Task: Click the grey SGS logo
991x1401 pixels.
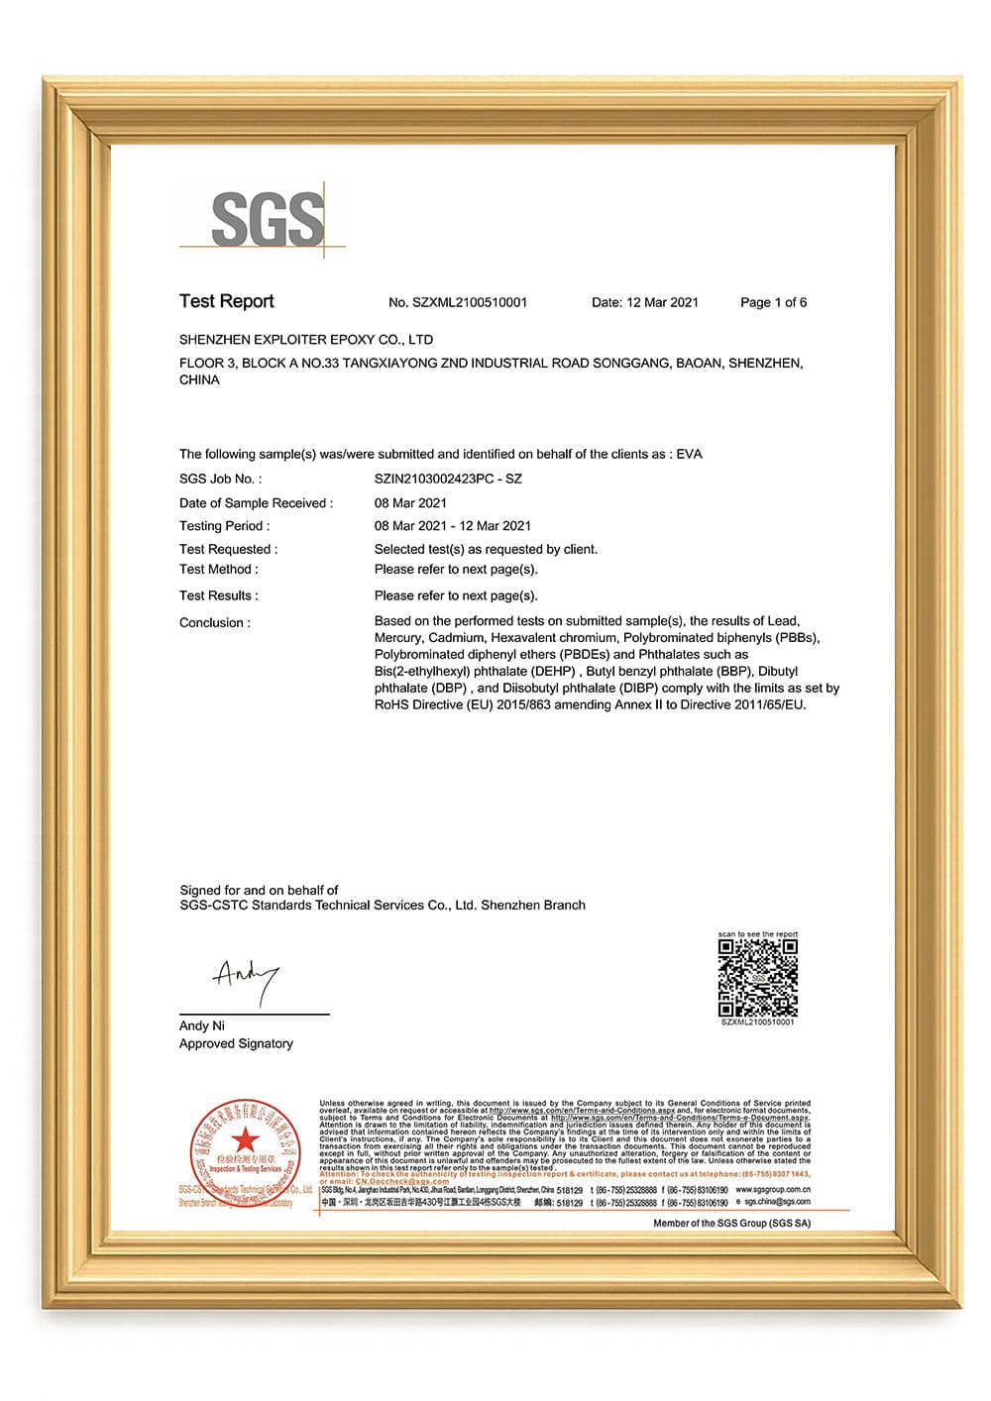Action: point(267,219)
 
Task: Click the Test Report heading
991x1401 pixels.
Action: point(226,301)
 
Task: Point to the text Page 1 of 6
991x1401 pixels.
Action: point(773,302)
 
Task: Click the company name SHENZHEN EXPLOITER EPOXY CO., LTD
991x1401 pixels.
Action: point(305,340)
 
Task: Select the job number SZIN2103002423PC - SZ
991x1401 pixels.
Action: point(448,479)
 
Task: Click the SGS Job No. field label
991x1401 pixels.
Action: point(220,479)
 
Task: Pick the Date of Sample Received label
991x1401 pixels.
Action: point(256,503)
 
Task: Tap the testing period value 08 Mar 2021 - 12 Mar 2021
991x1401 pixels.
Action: point(452,526)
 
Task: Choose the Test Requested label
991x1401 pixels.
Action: point(228,549)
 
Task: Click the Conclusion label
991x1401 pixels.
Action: point(214,623)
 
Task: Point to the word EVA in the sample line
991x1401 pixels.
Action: point(689,455)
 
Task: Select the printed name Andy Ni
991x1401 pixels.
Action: point(201,1025)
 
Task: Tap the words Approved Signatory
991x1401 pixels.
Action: point(236,1043)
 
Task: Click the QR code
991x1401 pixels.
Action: point(757,978)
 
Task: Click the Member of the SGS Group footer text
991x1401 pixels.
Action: point(731,1224)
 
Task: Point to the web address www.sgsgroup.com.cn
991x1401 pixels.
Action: point(773,1189)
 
